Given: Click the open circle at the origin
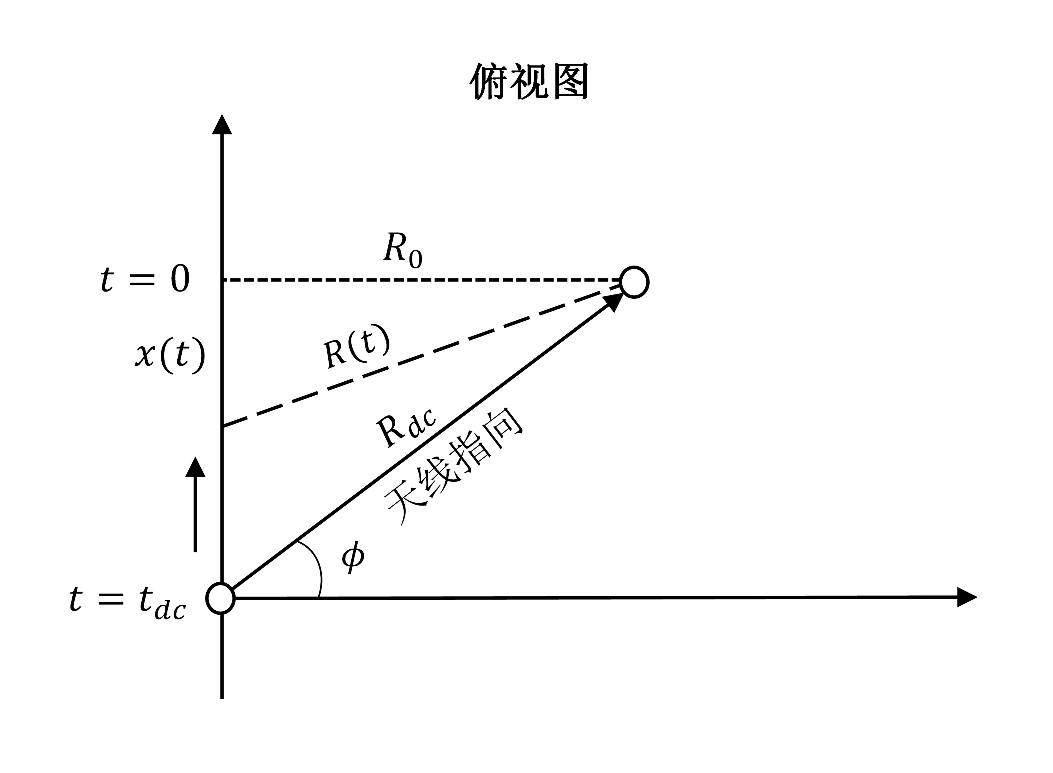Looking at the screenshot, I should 220,598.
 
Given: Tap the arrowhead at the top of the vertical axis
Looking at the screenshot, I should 222,125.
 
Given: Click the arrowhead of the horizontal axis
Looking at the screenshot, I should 965,597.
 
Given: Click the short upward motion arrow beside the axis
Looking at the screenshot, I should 195,505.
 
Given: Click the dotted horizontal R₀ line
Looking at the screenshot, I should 421,280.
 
